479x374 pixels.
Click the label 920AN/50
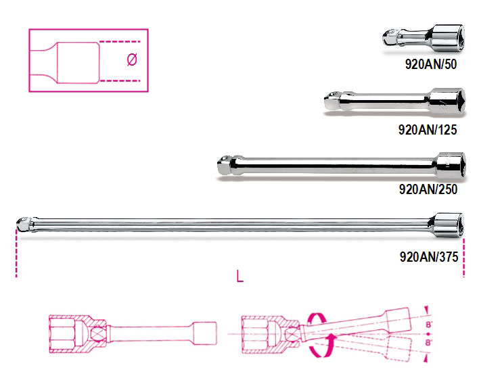click(x=431, y=64)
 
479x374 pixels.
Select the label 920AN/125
click(x=428, y=130)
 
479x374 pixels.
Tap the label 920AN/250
click(x=428, y=189)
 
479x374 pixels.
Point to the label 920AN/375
click(x=429, y=257)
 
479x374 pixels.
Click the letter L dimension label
click(x=240, y=277)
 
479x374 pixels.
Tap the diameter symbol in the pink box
click(x=132, y=60)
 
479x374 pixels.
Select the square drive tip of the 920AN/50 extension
click(x=389, y=38)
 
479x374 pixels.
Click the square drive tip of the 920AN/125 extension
click(x=331, y=101)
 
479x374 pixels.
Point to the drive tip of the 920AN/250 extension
click(x=225, y=165)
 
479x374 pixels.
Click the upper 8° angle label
click(x=428, y=325)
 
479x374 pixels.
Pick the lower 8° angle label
click(x=428, y=343)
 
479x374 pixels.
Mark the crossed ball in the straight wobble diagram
click(x=99, y=333)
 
